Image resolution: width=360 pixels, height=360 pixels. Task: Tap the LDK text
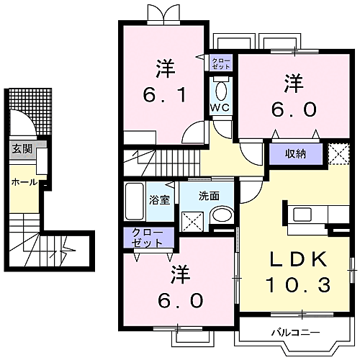[300, 259]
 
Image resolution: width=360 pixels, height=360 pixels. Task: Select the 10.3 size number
[300, 286]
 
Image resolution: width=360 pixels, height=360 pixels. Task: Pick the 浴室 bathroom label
[160, 199]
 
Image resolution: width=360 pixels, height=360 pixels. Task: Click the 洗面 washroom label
[208, 194]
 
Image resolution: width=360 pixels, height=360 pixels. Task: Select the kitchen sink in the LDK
[302, 213]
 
